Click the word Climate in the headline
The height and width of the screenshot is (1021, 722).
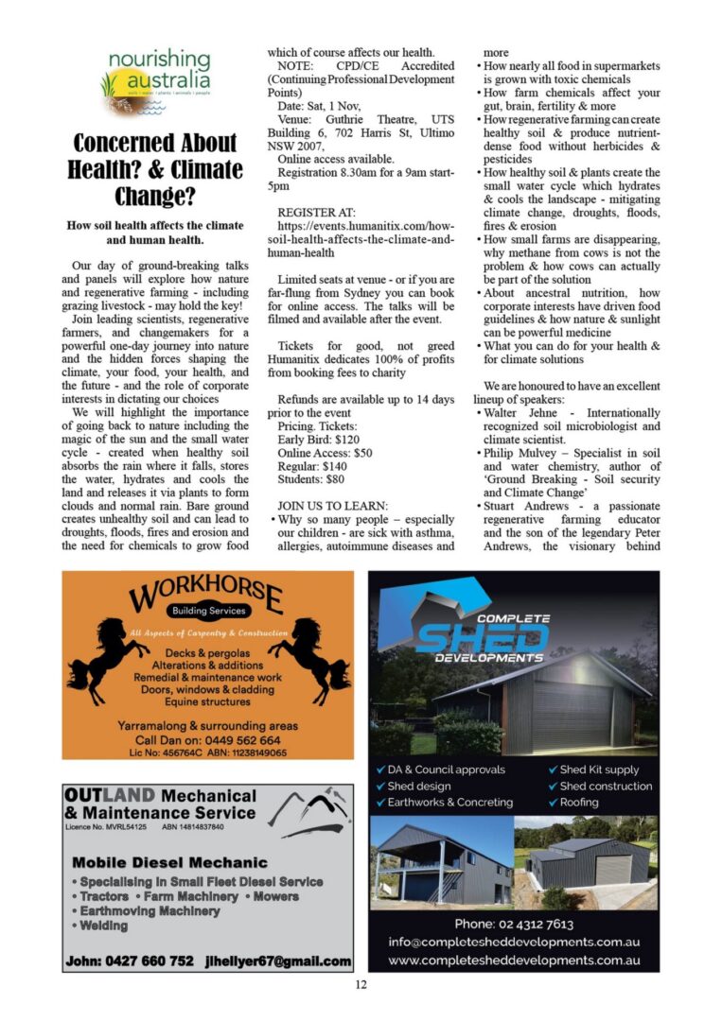[x=200, y=170]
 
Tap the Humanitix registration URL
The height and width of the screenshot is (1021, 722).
[x=361, y=240]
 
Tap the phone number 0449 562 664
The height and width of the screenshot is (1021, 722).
[x=238, y=740]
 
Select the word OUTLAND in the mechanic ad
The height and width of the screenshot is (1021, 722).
[x=103, y=796]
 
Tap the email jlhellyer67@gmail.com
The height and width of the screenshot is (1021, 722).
[x=279, y=960]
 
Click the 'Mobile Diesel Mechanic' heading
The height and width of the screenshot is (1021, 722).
[x=170, y=862]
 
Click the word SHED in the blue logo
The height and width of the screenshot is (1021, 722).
[x=484, y=636]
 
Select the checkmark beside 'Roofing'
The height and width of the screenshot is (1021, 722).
[x=553, y=803]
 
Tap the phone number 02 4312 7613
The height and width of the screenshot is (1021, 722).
[x=514, y=924]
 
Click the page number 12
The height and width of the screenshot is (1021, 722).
[x=361, y=984]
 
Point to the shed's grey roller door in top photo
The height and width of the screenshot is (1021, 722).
[x=570, y=718]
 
